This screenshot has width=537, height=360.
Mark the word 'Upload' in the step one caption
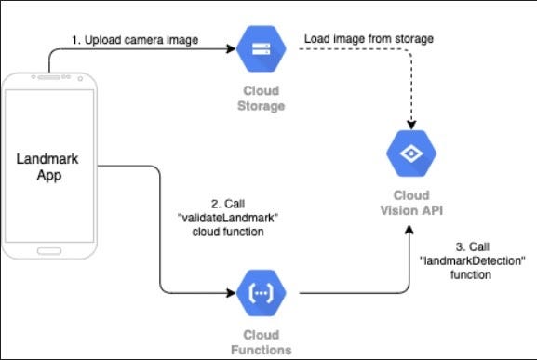coord(101,40)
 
